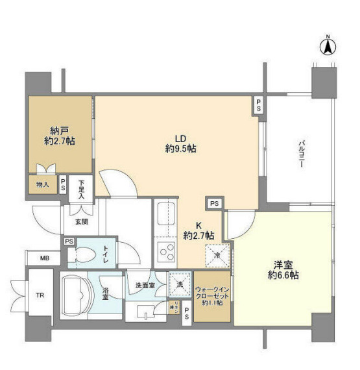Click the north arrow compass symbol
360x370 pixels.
pyautogui.click(x=328, y=47)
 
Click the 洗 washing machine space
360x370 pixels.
pyautogui.click(x=178, y=283)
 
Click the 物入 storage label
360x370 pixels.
pyautogui.click(x=42, y=185)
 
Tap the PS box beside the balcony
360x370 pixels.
pyautogui.click(x=258, y=106)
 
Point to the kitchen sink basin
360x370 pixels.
pyautogui.click(x=165, y=214)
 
